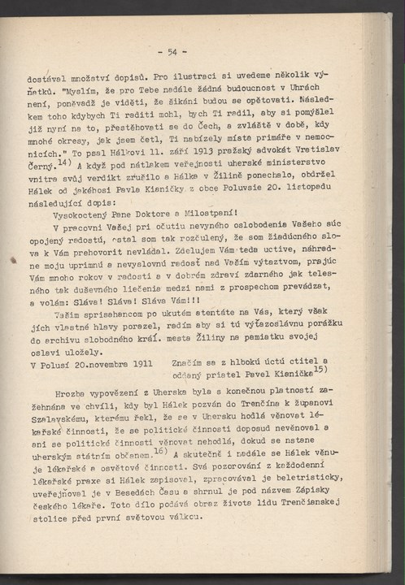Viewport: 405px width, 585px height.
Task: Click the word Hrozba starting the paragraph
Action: click(x=68, y=392)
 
